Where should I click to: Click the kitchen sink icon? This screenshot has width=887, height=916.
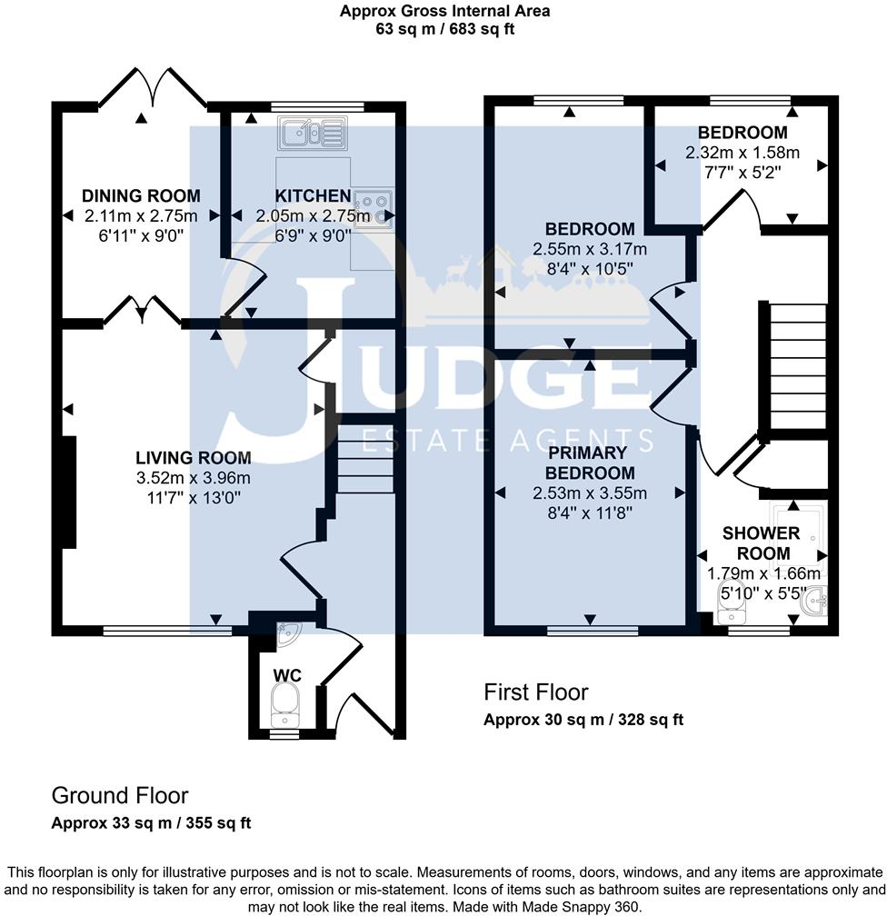tap(311, 135)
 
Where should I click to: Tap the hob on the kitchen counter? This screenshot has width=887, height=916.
tap(373, 209)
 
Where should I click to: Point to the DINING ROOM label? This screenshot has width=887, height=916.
tap(141, 196)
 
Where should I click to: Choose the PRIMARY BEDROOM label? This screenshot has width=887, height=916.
tap(589, 463)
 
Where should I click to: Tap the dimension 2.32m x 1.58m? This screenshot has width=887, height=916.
tap(742, 153)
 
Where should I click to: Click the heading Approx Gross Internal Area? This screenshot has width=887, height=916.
tap(444, 12)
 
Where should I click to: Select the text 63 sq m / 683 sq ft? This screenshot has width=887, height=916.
tap(444, 28)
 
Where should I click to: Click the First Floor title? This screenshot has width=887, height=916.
tap(535, 693)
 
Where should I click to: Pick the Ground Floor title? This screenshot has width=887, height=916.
tap(119, 796)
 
